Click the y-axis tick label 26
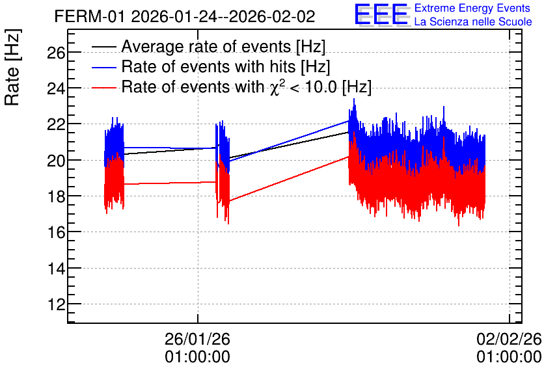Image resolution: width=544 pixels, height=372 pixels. click(56, 53)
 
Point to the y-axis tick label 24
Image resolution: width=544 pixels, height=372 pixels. click(56, 88)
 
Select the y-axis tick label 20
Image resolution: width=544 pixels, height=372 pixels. click(56, 161)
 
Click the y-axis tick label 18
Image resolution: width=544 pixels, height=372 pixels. click(56, 197)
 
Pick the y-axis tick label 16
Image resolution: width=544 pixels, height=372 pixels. click(56, 233)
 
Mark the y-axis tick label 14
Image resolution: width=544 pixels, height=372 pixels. click(56, 269)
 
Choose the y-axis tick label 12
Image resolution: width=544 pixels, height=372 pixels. click(56, 305)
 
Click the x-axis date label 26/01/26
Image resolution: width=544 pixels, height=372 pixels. click(197, 339)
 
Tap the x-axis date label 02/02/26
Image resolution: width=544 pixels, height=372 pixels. click(509, 339)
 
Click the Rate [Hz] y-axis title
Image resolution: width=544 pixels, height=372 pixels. click(12, 67)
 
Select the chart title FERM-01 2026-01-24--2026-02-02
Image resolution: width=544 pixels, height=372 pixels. click(185, 16)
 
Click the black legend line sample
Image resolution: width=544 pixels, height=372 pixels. click(103, 47)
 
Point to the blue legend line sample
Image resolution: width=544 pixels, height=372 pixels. click(103, 67)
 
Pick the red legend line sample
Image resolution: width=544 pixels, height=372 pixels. click(103, 87)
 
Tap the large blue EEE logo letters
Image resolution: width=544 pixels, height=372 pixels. click(381, 14)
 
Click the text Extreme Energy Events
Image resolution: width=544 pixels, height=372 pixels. click(472, 8)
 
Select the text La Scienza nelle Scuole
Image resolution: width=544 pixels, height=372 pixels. click(473, 21)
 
